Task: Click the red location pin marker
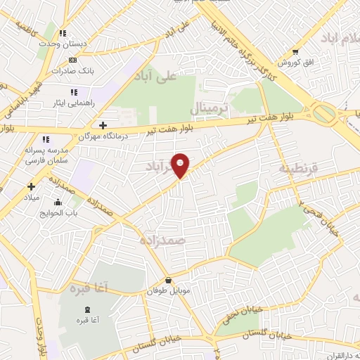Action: click(x=181, y=165)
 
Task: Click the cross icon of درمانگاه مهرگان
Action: click(x=103, y=126)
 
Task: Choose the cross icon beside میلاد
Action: click(x=31, y=186)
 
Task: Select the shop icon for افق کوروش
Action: click(x=295, y=51)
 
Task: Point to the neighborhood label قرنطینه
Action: click(x=298, y=169)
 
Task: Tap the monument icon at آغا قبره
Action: click(x=87, y=310)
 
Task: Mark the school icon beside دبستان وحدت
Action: click(x=63, y=33)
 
